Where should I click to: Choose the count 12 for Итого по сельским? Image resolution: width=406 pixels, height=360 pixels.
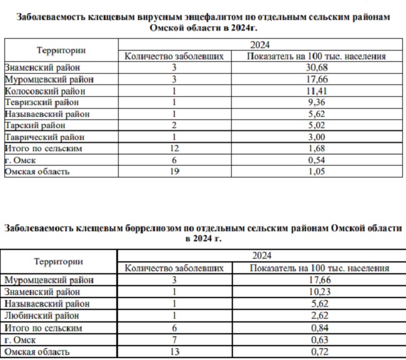(x=174, y=149)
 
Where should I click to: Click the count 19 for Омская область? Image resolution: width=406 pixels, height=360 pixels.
(x=174, y=171)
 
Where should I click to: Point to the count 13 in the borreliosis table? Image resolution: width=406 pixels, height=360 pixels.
(x=174, y=352)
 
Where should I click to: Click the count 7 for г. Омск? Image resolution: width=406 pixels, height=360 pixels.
(x=174, y=340)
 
